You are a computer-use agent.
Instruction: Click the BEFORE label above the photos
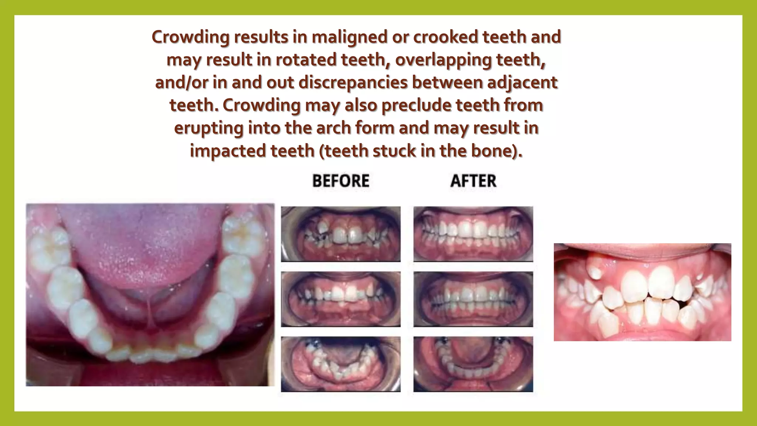[x=340, y=181]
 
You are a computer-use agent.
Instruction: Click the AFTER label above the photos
[x=473, y=181]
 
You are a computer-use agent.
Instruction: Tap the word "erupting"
[x=208, y=128]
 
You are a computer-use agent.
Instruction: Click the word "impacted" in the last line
[x=227, y=151]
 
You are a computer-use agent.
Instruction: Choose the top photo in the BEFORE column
[x=340, y=234]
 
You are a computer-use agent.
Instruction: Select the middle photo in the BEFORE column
[x=340, y=299]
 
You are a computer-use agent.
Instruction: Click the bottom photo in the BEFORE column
[x=340, y=364]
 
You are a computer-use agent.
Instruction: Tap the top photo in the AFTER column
[x=473, y=234]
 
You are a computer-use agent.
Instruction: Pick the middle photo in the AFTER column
[x=473, y=299]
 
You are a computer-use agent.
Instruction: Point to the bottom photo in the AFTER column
[x=473, y=364]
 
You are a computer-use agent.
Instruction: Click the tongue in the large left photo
[x=148, y=251]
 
